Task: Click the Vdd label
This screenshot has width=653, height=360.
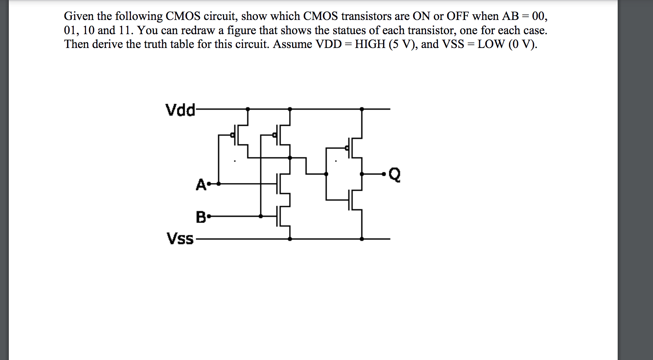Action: [180, 110]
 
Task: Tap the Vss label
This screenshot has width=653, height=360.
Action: [180, 238]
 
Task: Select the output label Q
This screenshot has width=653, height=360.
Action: [395, 175]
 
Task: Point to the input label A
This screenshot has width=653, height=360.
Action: [200, 185]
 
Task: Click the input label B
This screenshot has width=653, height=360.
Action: [200, 217]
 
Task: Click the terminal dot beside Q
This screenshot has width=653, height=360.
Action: [384, 174]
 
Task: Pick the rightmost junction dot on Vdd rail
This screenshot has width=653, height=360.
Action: [362, 109]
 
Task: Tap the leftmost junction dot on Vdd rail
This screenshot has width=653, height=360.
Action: [248, 109]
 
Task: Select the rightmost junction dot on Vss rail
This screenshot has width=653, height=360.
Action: [362, 239]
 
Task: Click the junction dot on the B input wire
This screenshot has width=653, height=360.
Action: [261, 216]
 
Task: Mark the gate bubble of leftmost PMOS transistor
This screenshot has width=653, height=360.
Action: [232, 135]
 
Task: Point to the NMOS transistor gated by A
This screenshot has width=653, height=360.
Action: [282, 184]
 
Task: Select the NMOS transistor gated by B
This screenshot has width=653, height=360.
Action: [282, 216]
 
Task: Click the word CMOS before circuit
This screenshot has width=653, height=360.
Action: [183, 16]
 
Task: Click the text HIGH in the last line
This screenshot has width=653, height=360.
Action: [370, 44]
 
